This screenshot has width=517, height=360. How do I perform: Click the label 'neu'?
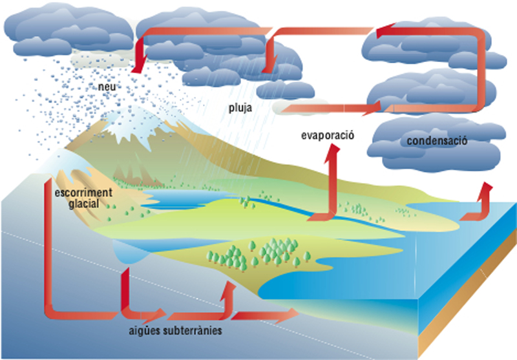click(107, 87)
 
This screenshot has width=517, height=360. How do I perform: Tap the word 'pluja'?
click(240, 108)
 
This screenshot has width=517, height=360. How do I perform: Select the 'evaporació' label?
click(328, 136)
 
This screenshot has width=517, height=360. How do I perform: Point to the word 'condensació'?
click(437, 141)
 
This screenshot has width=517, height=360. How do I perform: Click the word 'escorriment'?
click(83, 193)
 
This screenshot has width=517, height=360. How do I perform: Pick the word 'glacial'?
click(84, 204)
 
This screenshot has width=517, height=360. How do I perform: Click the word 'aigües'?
click(144, 331)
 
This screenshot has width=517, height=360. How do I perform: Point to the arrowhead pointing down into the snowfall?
click(137, 66)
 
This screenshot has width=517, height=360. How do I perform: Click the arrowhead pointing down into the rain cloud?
click(269, 66)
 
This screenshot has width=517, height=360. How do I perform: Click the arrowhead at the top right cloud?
click(385, 30)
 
